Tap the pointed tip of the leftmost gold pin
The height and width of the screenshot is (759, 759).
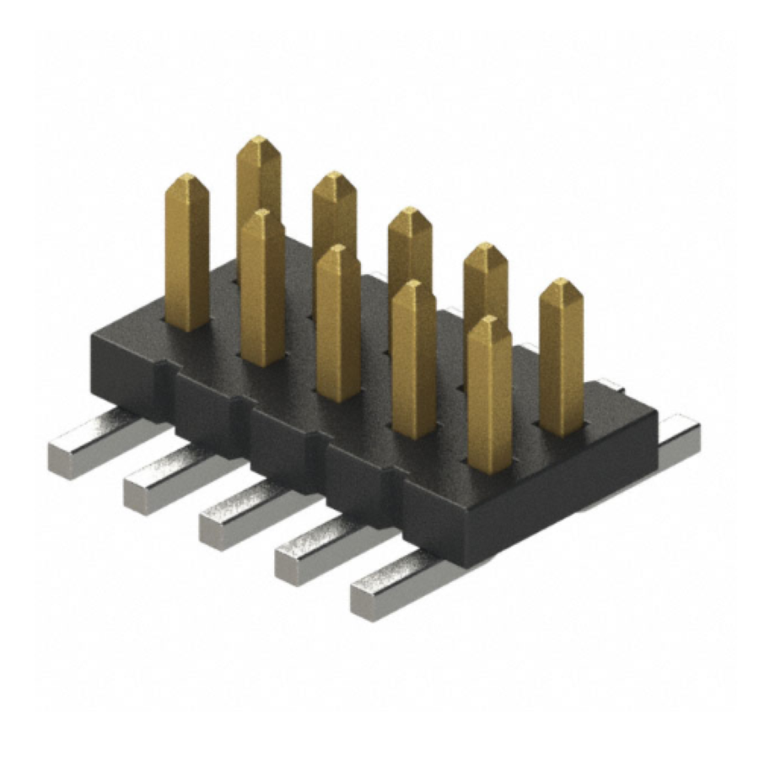pyautogui.click(x=186, y=179)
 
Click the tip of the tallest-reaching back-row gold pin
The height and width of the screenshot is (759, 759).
pyautogui.click(x=258, y=142)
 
